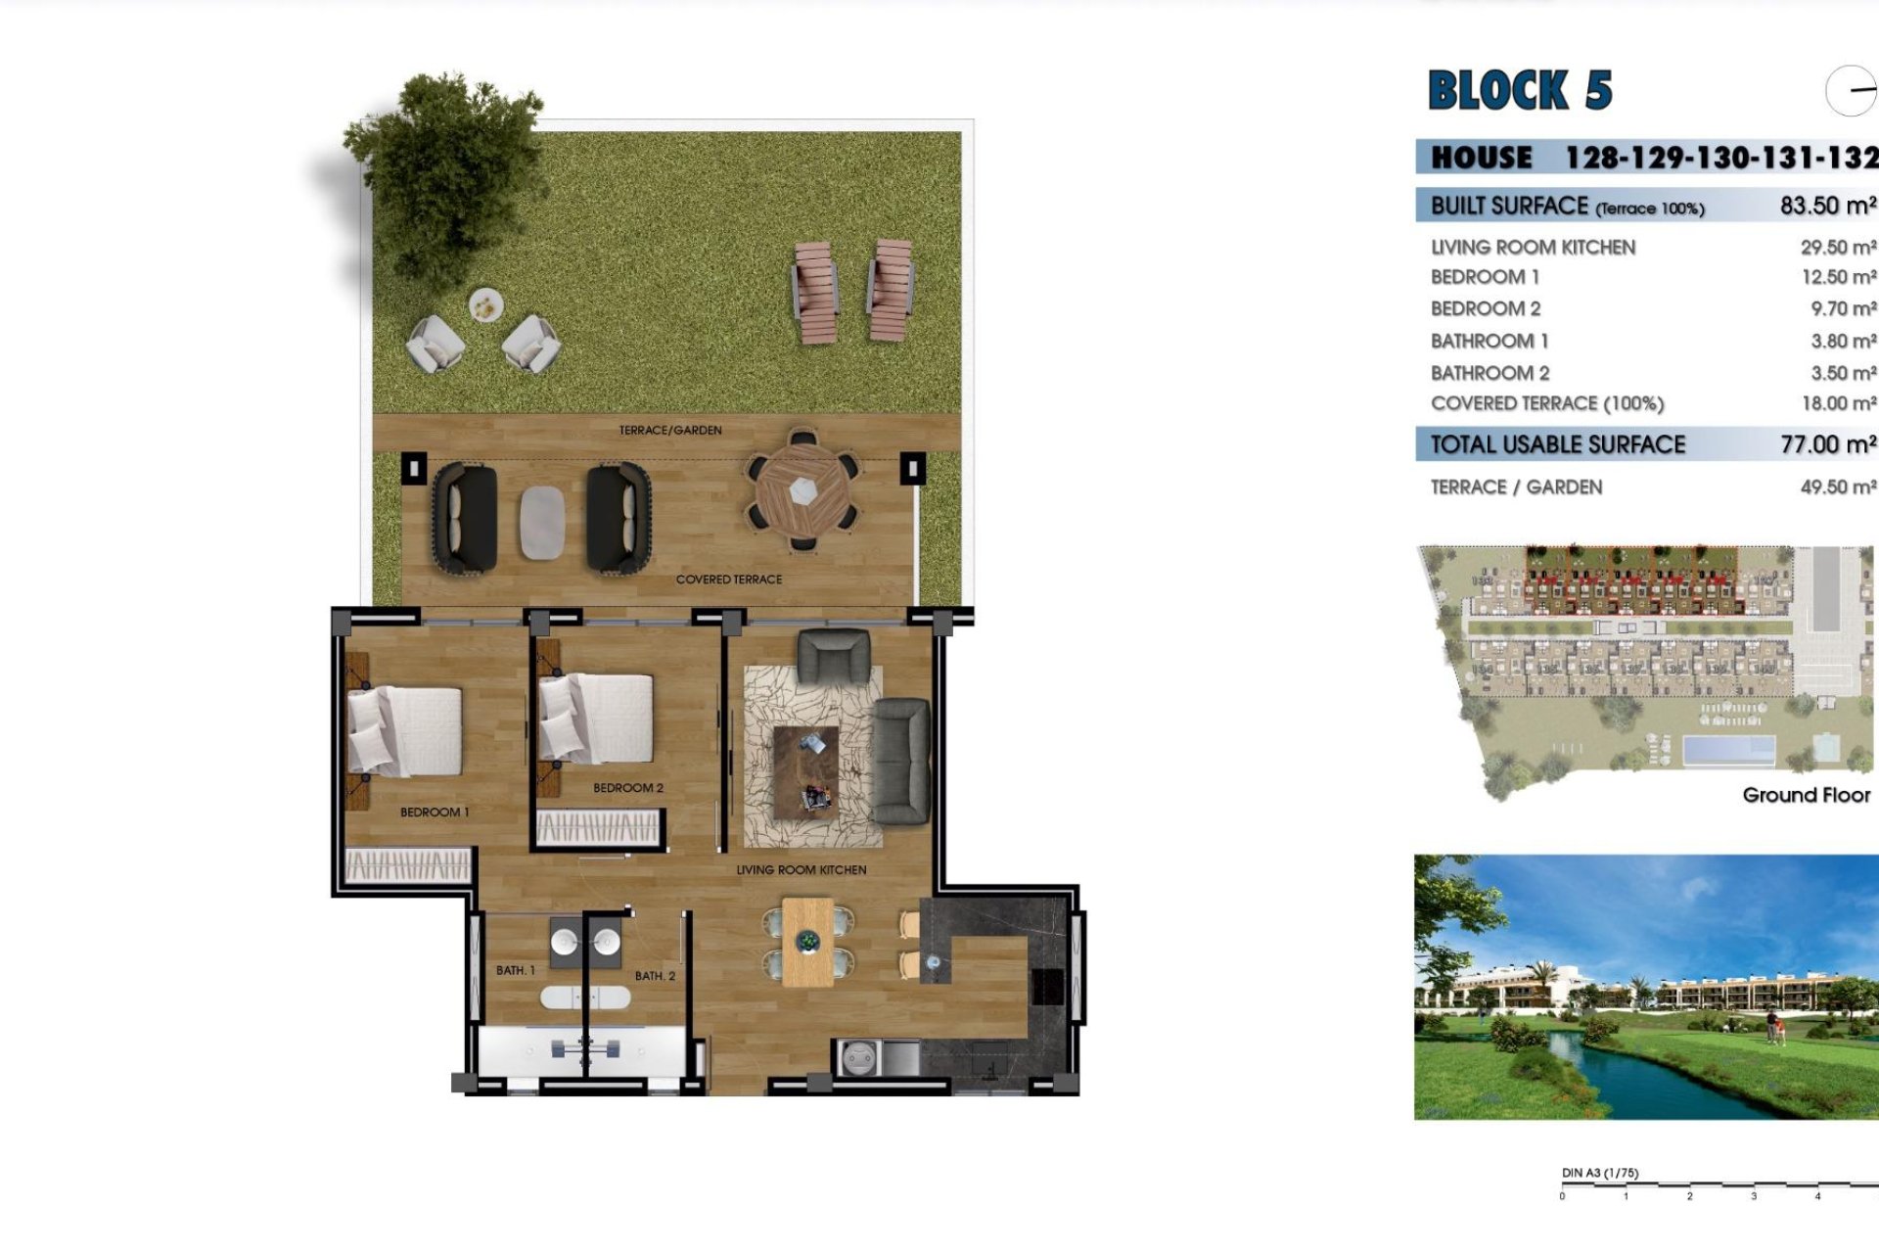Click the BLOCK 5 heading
[x=1519, y=90]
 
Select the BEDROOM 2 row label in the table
[x=1485, y=308]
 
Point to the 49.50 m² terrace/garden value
[x=1837, y=487]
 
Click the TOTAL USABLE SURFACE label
[x=1557, y=444]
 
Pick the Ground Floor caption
[x=1806, y=795]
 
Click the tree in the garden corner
[x=445, y=166]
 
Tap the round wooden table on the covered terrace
[x=802, y=489]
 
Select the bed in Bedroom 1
[x=405, y=731]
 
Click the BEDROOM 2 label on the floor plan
[x=628, y=788]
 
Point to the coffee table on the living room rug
[x=805, y=771]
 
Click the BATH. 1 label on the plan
[x=515, y=970]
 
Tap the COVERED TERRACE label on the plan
[x=729, y=580]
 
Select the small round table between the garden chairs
[x=484, y=306]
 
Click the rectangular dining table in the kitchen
[x=807, y=942]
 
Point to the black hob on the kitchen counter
[x=1048, y=986]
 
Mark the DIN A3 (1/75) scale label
[x=1600, y=1173]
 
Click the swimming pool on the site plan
[x=1728, y=751]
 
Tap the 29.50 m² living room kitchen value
[x=1837, y=248]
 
